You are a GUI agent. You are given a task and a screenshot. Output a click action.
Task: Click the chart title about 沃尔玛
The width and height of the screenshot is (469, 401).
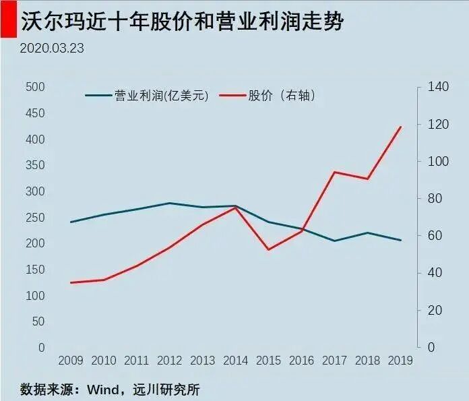click(182, 22)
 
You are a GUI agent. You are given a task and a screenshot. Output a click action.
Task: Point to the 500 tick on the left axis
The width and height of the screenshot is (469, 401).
click(34, 87)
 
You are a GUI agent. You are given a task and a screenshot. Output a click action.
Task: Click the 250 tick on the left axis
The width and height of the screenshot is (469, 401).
click(34, 218)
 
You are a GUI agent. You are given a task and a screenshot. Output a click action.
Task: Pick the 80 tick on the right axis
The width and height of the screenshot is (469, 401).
click(433, 199)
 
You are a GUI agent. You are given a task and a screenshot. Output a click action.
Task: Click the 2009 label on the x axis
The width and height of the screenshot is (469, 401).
click(71, 360)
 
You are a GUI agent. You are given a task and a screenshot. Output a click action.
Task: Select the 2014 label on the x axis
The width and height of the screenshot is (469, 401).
click(236, 360)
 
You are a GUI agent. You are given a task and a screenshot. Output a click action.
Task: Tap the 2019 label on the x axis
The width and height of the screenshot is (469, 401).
click(401, 360)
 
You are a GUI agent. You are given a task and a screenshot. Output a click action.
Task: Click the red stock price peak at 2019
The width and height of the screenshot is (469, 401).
click(401, 127)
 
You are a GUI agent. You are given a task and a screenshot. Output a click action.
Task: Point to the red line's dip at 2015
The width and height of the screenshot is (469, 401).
click(269, 249)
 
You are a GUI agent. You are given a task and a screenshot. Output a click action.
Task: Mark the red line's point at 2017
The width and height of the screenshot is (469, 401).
click(335, 172)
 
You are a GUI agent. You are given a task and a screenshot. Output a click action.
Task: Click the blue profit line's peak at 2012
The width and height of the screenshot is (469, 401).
click(170, 203)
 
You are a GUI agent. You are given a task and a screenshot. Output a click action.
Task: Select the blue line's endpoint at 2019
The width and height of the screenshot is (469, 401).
click(401, 240)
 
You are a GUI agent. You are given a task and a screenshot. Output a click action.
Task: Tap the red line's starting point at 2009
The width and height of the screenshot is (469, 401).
click(71, 282)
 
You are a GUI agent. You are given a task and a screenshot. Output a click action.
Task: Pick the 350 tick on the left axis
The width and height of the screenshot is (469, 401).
click(34, 165)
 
